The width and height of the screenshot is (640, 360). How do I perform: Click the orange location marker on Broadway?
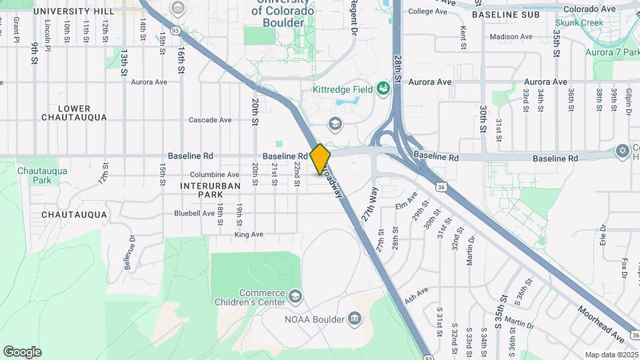[320, 159]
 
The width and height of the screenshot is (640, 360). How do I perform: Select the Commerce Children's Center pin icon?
[294, 295]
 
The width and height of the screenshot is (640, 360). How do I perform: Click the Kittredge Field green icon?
[383, 88]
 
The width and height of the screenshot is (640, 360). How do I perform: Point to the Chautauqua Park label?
[34, 175]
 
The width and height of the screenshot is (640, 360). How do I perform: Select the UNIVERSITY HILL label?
[73, 12]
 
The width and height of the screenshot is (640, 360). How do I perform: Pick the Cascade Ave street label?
[210, 120]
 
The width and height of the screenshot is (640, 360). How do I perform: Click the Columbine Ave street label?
[215, 175]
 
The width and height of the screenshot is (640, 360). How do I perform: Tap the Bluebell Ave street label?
[194, 213]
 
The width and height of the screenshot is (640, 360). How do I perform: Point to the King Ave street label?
[249, 235]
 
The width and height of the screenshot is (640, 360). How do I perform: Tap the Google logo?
[22, 352]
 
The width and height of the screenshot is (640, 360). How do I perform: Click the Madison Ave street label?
[511, 37]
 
